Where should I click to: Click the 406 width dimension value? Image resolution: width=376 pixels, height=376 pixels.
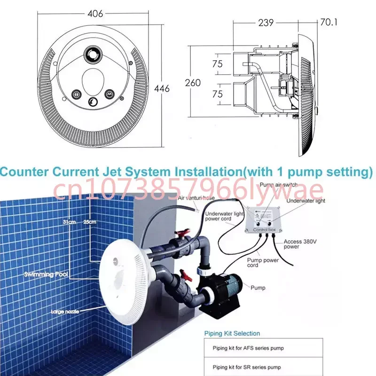[95, 14]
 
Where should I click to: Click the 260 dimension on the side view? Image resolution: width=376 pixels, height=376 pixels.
[192, 83]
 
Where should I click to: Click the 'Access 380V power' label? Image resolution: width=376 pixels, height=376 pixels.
[298, 244]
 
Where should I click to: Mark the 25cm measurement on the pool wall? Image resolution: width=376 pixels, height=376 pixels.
[91, 221]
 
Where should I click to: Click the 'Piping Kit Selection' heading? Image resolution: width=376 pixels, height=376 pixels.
[232, 333]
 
